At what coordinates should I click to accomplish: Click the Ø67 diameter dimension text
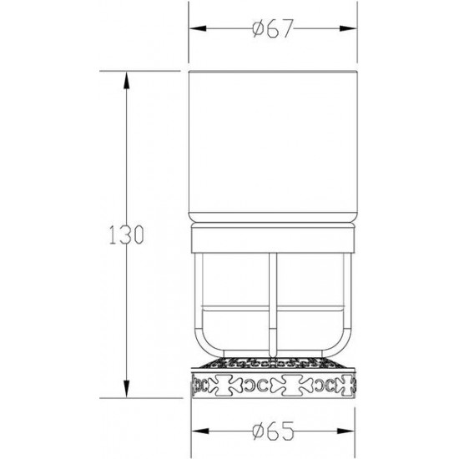point(273,28)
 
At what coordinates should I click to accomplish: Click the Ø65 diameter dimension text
point(273,431)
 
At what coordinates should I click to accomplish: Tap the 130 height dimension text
point(126,235)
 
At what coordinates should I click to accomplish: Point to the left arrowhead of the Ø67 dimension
point(198,28)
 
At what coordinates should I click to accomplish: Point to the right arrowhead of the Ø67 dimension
point(348,28)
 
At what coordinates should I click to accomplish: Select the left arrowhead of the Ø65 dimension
point(200,431)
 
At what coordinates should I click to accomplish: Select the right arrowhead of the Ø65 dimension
point(346,431)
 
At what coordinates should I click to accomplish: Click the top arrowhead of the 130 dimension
point(126,80)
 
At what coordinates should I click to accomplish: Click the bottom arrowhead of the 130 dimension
point(126,389)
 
